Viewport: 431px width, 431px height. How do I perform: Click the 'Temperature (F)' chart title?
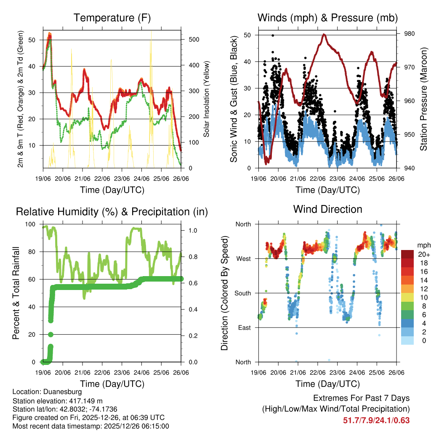112,18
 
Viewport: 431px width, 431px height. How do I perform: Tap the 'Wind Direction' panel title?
327,209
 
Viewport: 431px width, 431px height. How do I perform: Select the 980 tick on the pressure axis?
409,34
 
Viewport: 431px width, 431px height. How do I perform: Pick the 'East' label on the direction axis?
244,327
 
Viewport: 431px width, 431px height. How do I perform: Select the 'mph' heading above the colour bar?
423,245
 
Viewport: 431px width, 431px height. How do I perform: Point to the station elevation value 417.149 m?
82,401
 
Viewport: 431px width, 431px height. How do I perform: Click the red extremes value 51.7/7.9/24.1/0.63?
376,420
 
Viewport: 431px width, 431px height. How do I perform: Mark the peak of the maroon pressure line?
324,35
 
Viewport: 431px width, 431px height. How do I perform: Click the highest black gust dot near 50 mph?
273,36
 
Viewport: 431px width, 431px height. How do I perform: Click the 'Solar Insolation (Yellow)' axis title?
206,99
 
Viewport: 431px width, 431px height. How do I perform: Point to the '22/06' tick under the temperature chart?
102,178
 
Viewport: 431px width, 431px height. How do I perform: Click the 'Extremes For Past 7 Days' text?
361,398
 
